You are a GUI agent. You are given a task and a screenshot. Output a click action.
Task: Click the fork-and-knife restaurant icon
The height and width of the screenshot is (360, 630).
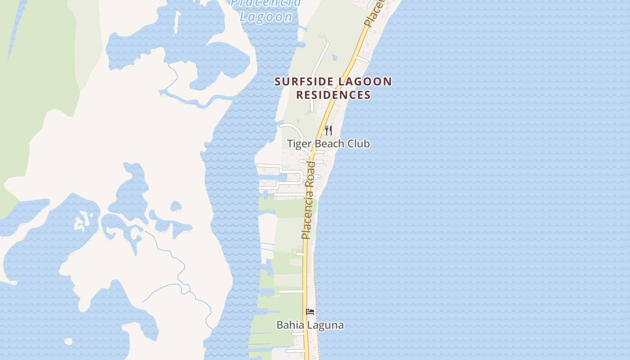click(x=328, y=130)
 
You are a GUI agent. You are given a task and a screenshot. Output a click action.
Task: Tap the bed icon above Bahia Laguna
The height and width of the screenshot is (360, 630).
click(x=310, y=312)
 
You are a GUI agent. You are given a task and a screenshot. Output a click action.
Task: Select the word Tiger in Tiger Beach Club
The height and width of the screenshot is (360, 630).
click(x=298, y=144)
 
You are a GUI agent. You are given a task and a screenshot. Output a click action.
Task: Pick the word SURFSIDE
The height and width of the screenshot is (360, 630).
click(x=304, y=82)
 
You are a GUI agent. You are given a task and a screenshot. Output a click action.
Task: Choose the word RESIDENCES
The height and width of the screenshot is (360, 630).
click(x=333, y=95)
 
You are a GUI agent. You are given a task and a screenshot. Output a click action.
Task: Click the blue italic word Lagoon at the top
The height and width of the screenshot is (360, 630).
click(x=266, y=17)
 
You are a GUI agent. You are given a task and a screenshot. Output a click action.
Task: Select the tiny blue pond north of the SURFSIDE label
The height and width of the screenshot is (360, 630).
click(x=334, y=57)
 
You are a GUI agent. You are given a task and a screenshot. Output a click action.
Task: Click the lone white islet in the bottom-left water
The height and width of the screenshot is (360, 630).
click(x=68, y=342)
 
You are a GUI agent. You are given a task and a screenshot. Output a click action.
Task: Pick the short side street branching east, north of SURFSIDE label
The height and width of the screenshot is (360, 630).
click(x=362, y=60)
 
